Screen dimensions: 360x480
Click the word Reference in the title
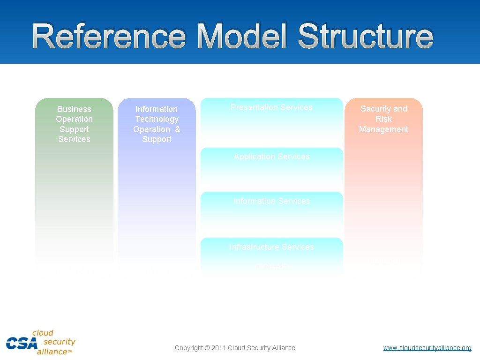click(x=109, y=37)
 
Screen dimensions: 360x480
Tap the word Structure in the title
click(x=366, y=37)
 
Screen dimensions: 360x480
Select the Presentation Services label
click(x=271, y=107)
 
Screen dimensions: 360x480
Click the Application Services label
click(x=272, y=157)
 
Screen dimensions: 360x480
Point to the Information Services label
click(x=272, y=201)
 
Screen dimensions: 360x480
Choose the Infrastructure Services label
click(x=272, y=247)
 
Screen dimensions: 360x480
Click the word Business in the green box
click(x=74, y=109)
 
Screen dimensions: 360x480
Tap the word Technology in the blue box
click(x=157, y=119)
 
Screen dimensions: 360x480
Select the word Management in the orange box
click(x=383, y=129)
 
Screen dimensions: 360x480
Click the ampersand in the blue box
click(x=178, y=129)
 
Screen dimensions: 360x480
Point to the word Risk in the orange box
click(x=383, y=119)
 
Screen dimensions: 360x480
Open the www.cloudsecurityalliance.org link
click(x=427, y=348)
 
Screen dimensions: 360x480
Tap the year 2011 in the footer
click(x=219, y=348)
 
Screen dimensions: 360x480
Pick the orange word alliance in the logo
click(x=52, y=352)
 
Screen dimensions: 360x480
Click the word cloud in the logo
click(x=43, y=333)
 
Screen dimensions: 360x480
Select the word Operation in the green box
click(x=74, y=119)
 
